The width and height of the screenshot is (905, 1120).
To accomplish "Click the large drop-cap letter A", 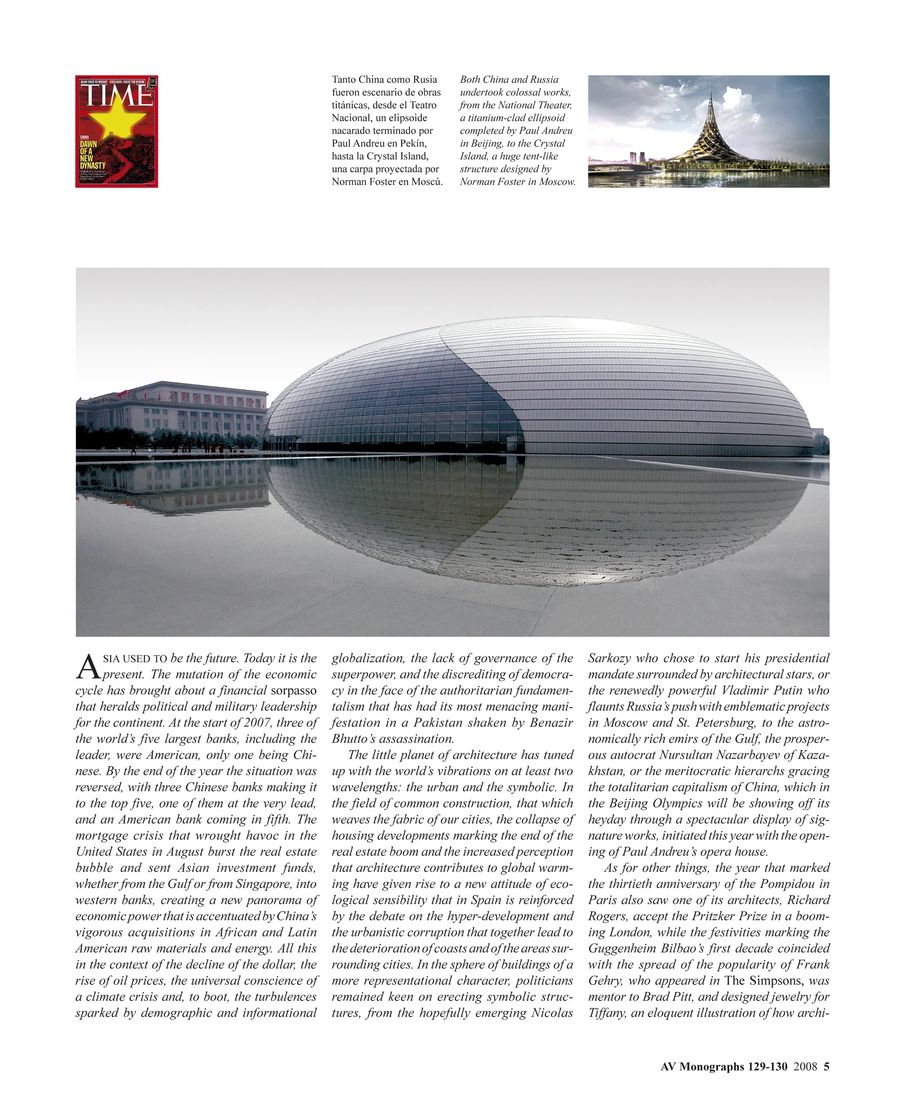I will pos(88,667).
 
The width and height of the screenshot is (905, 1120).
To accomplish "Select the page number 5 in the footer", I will pos(826,1066).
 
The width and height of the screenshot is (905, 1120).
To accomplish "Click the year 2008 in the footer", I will pos(805,1066).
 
